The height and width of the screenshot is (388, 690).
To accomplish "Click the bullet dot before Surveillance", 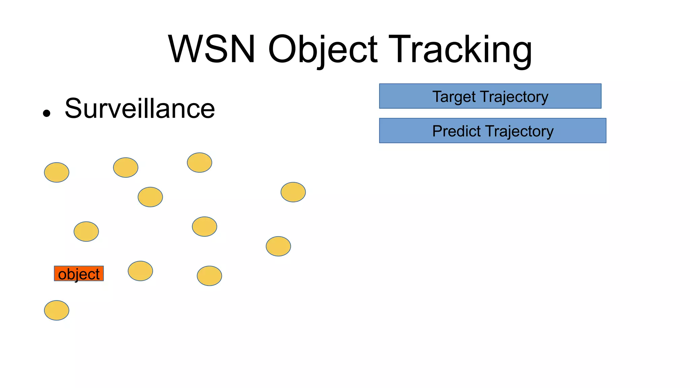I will click(46, 113).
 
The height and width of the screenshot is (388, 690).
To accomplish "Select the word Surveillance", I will click(139, 108).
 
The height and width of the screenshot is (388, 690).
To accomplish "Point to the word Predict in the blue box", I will click(456, 131).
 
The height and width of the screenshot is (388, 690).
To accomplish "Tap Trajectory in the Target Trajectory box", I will click(514, 97).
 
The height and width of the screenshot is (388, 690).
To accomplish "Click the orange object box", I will click(79, 273).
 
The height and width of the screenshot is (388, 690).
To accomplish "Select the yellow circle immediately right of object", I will click(140, 271).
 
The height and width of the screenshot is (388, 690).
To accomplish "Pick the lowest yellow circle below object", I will click(57, 310).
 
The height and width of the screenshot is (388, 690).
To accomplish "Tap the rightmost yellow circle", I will click(293, 192).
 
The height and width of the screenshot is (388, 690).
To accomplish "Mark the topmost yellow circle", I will click(199, 162).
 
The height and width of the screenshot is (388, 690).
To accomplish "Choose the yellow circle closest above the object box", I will click(86, 231).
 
